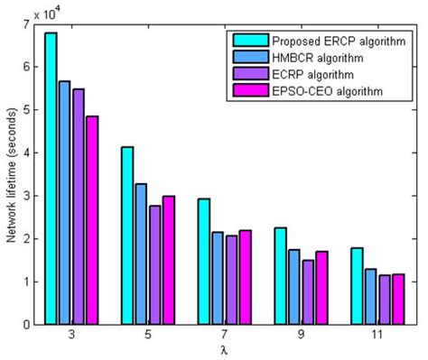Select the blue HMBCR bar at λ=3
click(64, 202)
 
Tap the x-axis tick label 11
click(377, 335)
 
